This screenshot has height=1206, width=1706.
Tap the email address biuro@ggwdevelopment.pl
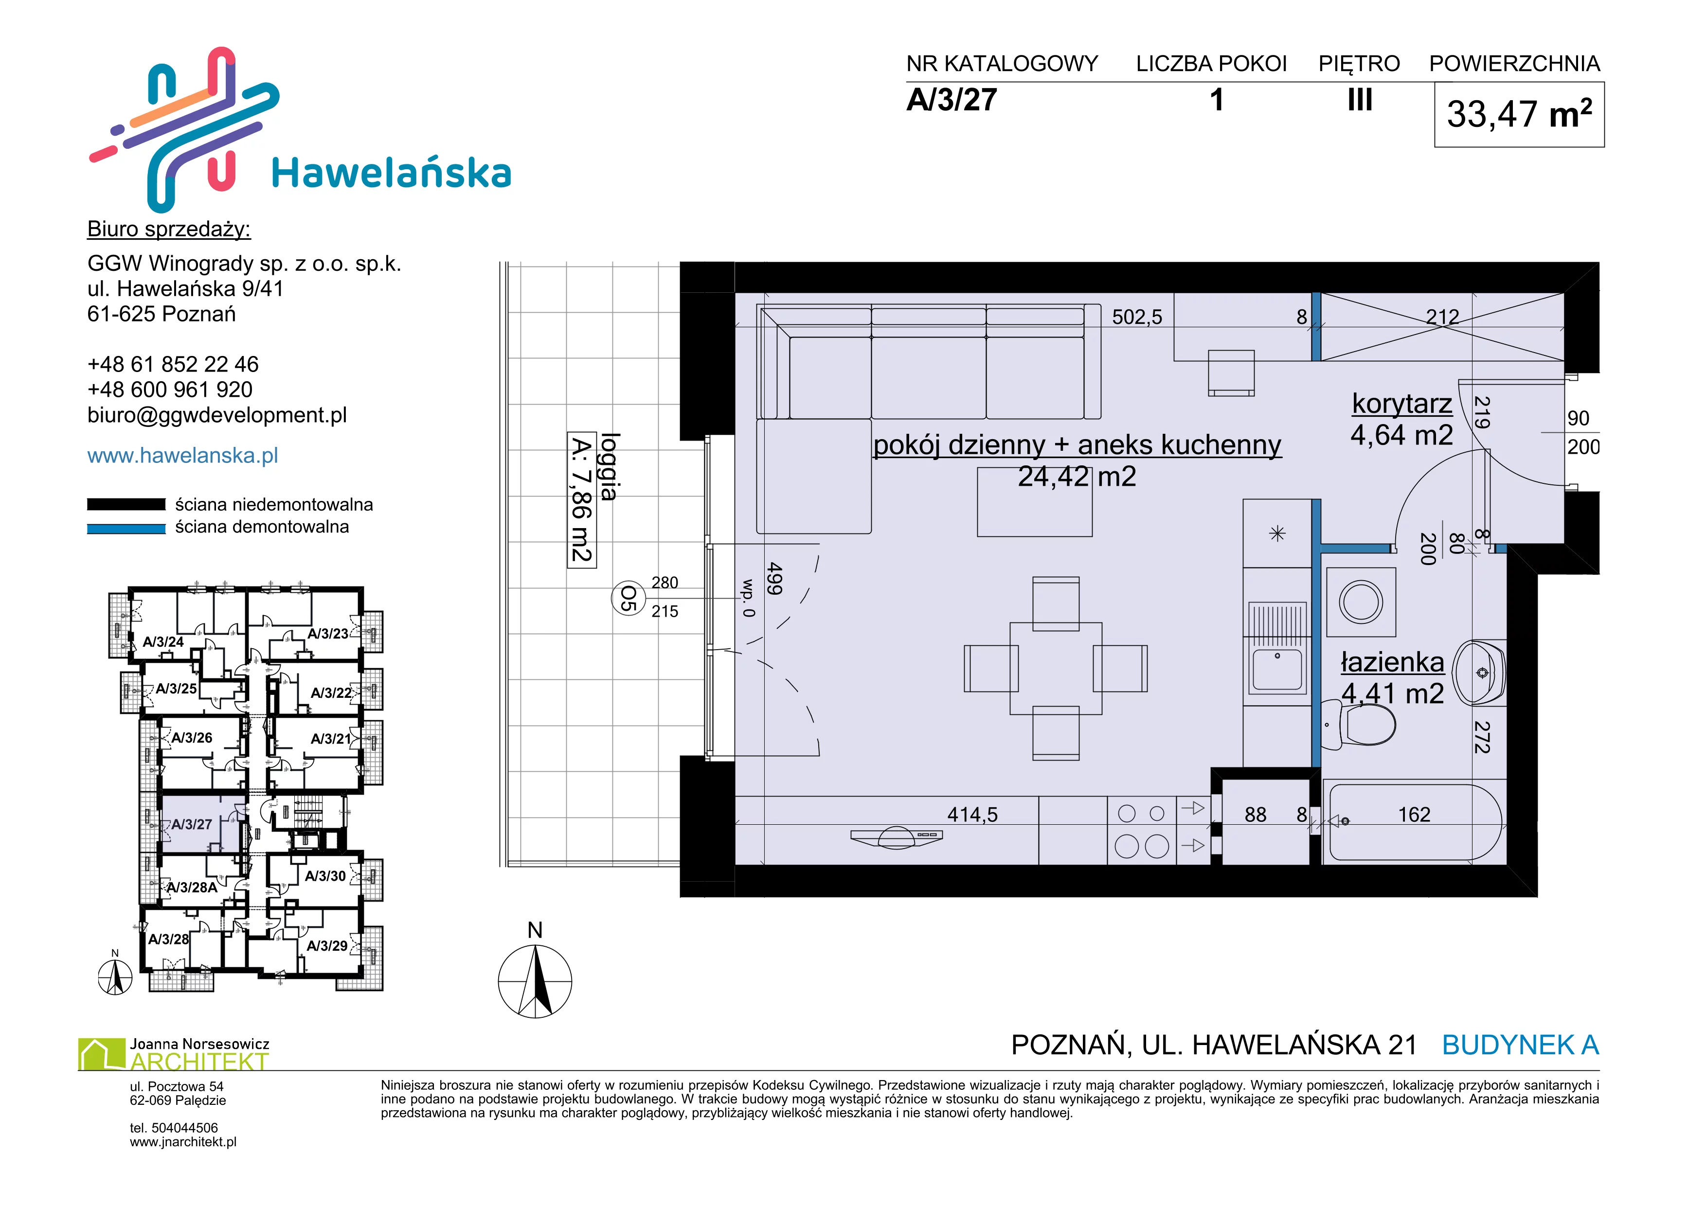click(x=217, y=415)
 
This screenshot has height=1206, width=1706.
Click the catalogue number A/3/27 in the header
click(x=952, y=100)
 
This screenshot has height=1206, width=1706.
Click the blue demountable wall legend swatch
click(x=126, y=528)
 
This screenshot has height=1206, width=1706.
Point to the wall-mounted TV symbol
click(x=897, y=836)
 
